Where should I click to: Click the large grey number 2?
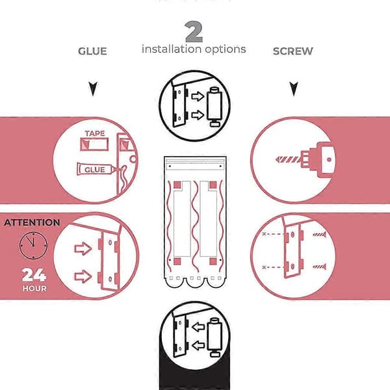[x=194, y=32]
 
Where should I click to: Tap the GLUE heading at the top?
[x=92, y=51]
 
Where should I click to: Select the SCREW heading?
[x=292, y=51]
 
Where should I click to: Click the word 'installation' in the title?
[x=171, y=49]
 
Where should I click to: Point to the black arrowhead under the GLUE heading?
[x=93, y=89]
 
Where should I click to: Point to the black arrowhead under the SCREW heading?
[x=294, y=89]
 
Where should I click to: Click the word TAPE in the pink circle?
[x=95, y=133]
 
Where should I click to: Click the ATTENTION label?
[x=32, y=222]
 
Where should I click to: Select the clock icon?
[x=33, y=246]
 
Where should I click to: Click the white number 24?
[x=34, y=275]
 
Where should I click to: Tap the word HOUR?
[x=34, y=289]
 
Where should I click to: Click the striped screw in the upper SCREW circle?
[x=289, y=159]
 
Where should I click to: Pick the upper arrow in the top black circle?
[x=198, y=96]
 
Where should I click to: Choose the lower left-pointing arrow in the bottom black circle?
[x=198, y=346]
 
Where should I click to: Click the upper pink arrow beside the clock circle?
[x=83, y=248]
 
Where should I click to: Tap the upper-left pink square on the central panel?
[x=177, y=185]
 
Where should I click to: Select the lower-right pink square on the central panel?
[x=213, y=261]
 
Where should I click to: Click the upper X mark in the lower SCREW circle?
[x=264, y=234]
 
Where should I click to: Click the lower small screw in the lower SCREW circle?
[x=319, y=267]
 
